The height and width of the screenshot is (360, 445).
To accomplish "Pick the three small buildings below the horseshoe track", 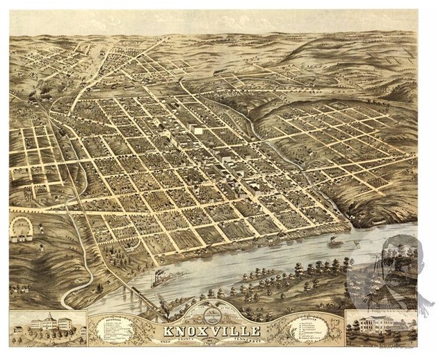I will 28,238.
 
